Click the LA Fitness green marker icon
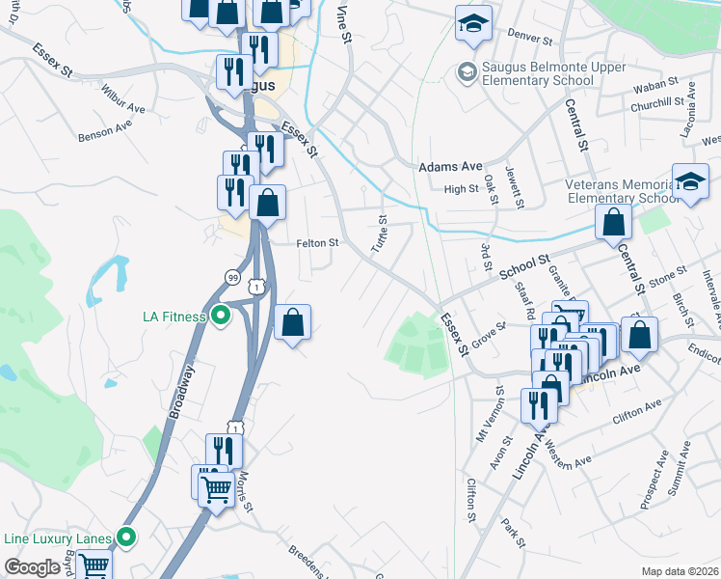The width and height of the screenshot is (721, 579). click(221, 315)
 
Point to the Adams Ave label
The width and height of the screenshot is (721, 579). click(449, 167)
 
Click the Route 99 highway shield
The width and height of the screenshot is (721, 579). click(232, 277)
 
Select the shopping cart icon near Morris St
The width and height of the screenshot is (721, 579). click(217, 487)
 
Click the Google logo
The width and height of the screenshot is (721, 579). click(32, 567)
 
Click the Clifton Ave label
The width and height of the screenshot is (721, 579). click(638, 412)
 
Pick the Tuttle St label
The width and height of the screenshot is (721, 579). click(381, 233)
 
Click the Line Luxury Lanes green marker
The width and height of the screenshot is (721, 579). click(126, 537)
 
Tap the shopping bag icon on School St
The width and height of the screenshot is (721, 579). click(613, 223)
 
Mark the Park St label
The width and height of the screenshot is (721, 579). click(512, 534)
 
